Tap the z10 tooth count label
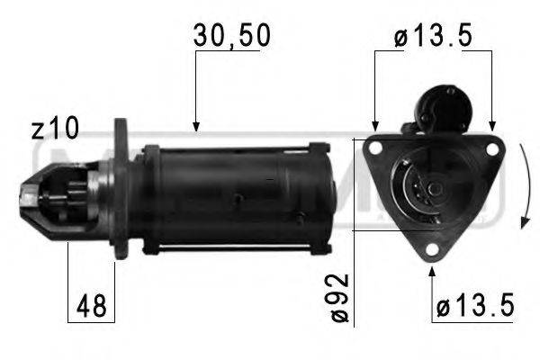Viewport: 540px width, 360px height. click(x=55, y=129)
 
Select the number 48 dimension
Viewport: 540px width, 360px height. click(x=90, y=306)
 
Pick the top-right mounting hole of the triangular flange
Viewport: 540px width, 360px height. click(x=490, y=149)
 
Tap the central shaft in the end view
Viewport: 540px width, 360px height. click(x=433, y=188)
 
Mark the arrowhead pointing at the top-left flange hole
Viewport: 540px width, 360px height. click(x=375, y=121)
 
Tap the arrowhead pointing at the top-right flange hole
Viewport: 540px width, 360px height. click(x=491, y=121)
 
